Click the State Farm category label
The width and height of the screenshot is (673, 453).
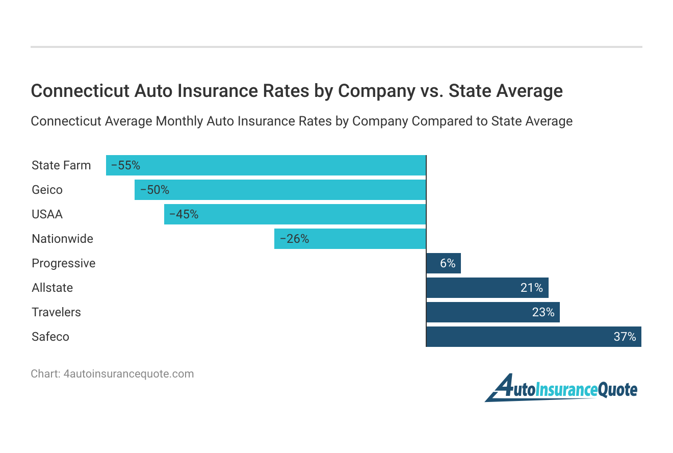pyautogui.click(x=61, y=165)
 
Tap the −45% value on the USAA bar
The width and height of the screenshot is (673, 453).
pyautogui.click(x=184, y=214)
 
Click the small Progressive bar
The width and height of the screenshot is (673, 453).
pyautogui.click(x=443, y=263)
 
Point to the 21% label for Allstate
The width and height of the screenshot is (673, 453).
pyautogui.click(x=531, y=288)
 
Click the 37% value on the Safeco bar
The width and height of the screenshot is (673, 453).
pyautogui.click(x=625, y=337)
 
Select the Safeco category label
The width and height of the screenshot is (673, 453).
pyautogui.click(x=50, y=337)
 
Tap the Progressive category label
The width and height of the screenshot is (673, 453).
pyautogui.click(x=64, y=263)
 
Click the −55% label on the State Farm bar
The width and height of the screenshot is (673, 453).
pyautogui.click(x=125, y=165)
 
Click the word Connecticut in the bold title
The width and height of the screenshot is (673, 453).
pyautogui.click(x=79, y=91)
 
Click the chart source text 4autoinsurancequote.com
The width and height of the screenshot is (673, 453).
pyautogui.click(x=128, y=373)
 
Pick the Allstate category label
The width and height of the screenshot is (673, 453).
pyautogui.click(x=52, y=288)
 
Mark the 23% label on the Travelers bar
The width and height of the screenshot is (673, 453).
pyautogui.click(x=543, y=312)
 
